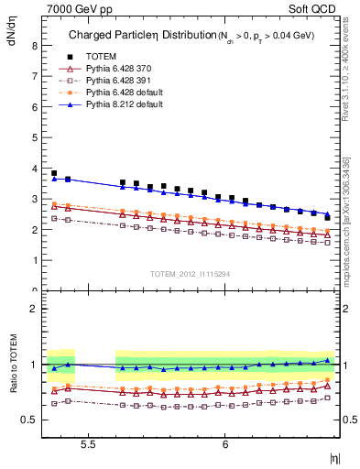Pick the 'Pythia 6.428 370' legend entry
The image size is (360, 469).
click(108, 69)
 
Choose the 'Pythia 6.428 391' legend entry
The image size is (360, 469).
click(108, 81)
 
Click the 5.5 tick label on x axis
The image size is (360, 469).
click(89, 443)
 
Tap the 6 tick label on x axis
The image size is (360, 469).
click(225, 443)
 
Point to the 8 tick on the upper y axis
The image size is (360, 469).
click(34, 44)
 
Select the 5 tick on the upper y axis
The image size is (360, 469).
click(34, 136)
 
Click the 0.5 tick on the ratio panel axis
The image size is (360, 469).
click(29, 420)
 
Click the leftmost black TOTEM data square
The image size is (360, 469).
click(54, 173)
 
